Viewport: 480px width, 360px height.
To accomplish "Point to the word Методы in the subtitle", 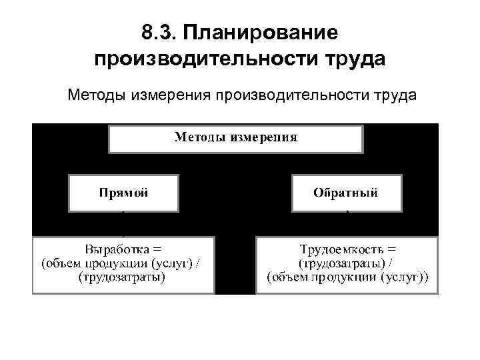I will click(94, 96).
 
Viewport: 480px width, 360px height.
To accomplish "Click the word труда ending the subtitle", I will click(394, 96).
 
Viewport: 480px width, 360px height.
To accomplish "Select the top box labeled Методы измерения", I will click(236, 139).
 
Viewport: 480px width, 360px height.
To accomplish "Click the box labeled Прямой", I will click(123, 193).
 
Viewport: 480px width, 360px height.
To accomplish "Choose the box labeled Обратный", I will click(347, 193).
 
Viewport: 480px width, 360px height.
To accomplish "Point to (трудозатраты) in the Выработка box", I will click(123, 277).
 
